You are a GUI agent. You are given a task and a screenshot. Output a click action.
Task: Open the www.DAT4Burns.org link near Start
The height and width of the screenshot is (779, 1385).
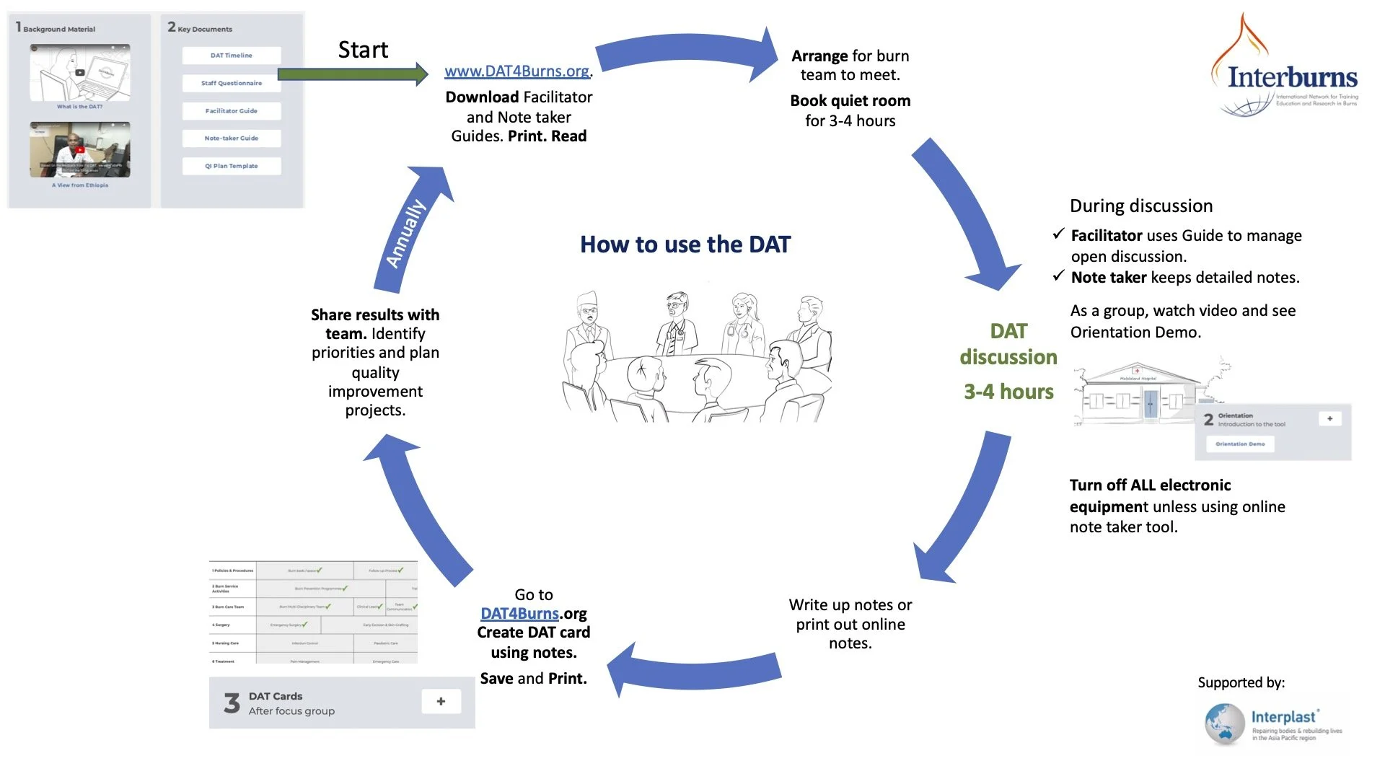coord(517,71)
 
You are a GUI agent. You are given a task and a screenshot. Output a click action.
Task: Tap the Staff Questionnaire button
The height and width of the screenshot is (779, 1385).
coord(231,83)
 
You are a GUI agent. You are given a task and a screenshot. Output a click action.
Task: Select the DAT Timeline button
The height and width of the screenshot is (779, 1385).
coord(231,56)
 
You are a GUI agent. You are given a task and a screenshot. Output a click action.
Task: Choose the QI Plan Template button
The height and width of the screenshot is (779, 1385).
coord(231,166)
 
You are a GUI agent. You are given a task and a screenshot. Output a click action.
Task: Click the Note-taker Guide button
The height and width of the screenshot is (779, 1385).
coord(231,138)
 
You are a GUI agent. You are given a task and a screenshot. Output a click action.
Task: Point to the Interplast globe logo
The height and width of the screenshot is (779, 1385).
coord(1224,723)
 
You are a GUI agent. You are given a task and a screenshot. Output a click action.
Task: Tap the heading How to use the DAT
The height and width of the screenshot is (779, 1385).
coord(685,245)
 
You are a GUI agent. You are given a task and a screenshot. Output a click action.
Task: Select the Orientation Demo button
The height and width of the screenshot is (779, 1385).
coord(1240,444)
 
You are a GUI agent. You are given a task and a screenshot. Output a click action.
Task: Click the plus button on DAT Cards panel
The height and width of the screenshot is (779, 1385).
coord(441,701)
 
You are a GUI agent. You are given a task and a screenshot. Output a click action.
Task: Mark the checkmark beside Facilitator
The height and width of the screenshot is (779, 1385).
coord(1058,234)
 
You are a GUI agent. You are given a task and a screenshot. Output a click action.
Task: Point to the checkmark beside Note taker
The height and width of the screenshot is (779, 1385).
coord(1058,276)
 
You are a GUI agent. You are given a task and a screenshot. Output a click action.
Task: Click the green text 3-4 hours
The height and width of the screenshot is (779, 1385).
coord(1008,392)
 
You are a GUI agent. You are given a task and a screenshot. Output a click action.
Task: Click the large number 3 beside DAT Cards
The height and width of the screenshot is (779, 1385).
coord(232,703)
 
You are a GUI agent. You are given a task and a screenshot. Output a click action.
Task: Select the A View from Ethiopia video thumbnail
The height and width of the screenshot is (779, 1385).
coord(80,149)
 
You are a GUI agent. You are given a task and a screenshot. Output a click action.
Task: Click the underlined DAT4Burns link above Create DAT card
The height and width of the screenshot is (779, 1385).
coord(519,613)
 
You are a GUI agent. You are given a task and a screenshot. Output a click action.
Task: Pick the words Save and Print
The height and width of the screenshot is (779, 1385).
coord(533,678)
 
